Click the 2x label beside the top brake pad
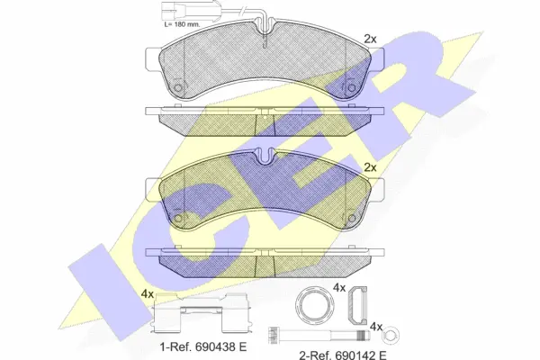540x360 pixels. pos(370,39)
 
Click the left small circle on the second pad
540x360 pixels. pos(178,218)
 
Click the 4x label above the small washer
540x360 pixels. pos(376,325)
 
